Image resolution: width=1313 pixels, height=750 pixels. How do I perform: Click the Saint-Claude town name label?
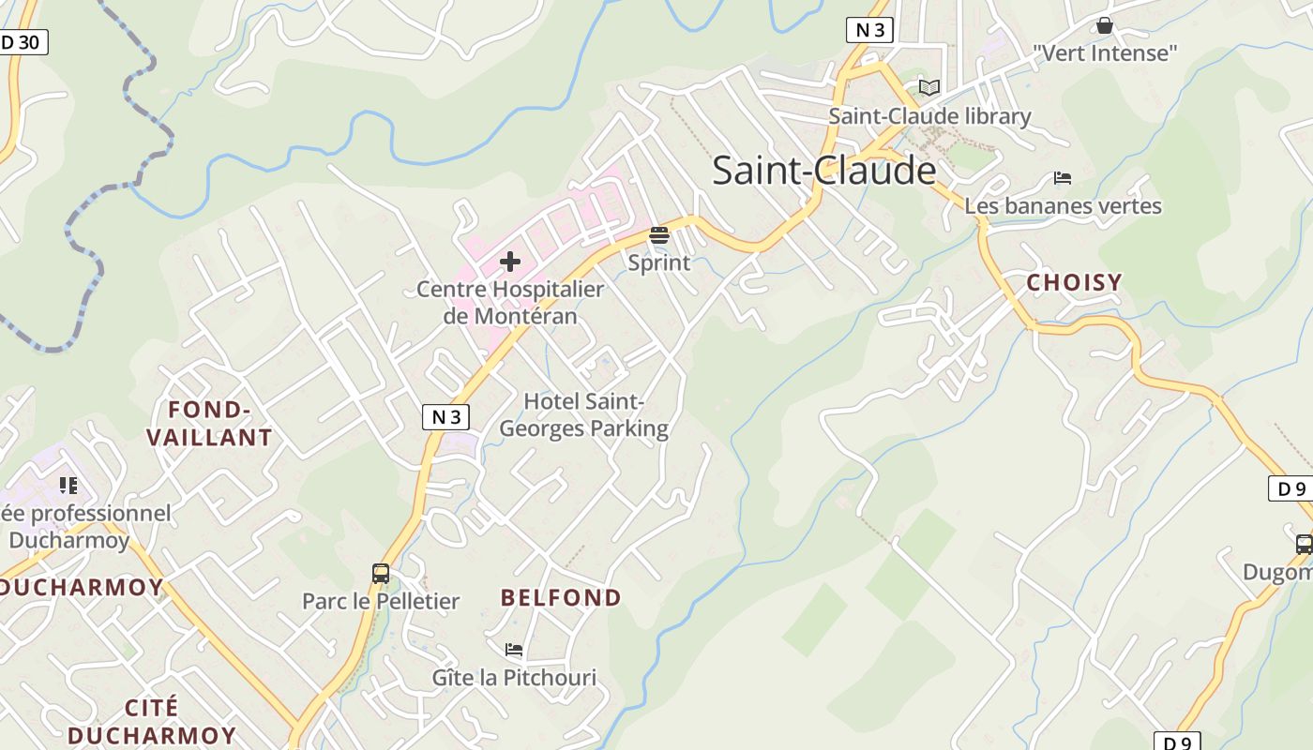tap(823, 171)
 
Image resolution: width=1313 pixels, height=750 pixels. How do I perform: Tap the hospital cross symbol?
tap(510, 262)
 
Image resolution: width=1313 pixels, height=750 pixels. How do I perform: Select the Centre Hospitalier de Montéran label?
tap(510, 302)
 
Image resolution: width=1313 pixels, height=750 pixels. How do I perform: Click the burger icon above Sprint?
tap(659, 235)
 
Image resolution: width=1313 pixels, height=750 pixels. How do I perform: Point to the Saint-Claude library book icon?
tap(928, 88)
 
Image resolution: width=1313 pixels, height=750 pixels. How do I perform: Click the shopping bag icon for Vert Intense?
tap(1105, 25)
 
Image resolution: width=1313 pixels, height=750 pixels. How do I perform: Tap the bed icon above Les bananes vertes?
tap(1063, 177)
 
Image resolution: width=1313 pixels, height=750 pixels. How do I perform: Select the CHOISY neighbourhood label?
tap(1074, 282)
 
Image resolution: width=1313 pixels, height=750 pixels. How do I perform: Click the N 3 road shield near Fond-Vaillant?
tap(445, 417)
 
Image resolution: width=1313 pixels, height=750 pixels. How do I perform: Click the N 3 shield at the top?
tap(868, 30)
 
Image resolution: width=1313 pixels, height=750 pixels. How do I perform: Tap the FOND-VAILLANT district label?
tap(210, 424)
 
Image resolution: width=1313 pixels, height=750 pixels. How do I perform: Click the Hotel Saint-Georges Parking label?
tap(583, 415)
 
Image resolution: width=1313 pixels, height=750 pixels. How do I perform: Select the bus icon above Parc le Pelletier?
tap(381, 574)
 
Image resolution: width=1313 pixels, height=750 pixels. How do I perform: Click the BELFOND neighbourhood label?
tap(561, 598)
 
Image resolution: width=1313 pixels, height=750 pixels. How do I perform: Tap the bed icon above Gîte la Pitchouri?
tap(513, 649)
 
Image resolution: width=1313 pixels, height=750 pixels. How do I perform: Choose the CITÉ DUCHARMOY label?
tap(152, 721)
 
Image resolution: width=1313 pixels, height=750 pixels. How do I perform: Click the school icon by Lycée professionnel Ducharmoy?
tap(68, 486)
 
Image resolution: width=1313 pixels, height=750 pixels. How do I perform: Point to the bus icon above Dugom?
tap(1304, 544)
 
